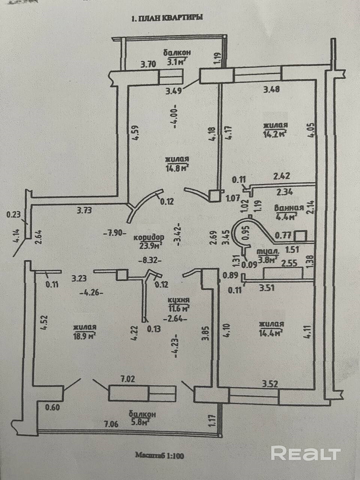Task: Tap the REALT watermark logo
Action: click(x=306, y=453)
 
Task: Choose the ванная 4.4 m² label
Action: click(x=286, y=212)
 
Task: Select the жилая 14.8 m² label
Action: click(x=176, y=163)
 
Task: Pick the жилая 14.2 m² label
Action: click(x=275, y=129)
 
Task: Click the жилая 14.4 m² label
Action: click(x=271, y=328)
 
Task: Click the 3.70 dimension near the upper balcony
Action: click(x=148, y=64)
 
